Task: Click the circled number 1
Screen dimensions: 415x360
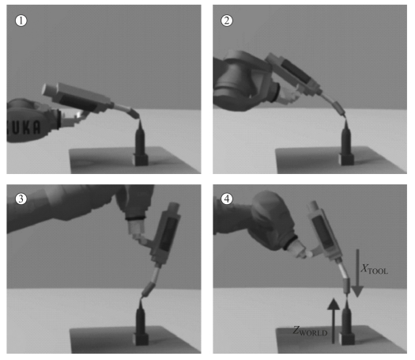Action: [21, 21]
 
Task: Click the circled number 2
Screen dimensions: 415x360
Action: [227, 21]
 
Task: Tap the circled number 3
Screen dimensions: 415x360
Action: [21, 199]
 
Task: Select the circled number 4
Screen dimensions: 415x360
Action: [227, 199]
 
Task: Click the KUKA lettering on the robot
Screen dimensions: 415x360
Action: [24, 127]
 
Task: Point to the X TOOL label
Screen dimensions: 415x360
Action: [375, 269]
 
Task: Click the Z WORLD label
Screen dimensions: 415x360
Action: [310, 331]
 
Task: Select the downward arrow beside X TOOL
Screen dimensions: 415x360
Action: [357, 273]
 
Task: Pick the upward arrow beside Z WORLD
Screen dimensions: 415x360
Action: [334, 321]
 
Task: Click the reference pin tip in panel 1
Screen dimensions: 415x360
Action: [140, 119]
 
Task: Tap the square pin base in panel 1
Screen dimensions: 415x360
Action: [140, 160]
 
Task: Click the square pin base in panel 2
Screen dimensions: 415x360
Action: [346, 160]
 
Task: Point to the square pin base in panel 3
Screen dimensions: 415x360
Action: [141, 339]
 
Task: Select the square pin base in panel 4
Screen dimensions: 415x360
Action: [346, 339]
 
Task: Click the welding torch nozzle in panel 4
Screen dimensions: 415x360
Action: [347, 286]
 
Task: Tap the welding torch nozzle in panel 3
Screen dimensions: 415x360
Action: [149, 290]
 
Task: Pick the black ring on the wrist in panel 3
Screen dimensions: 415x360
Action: [135, 218]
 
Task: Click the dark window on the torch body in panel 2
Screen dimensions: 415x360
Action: [296, 70]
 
